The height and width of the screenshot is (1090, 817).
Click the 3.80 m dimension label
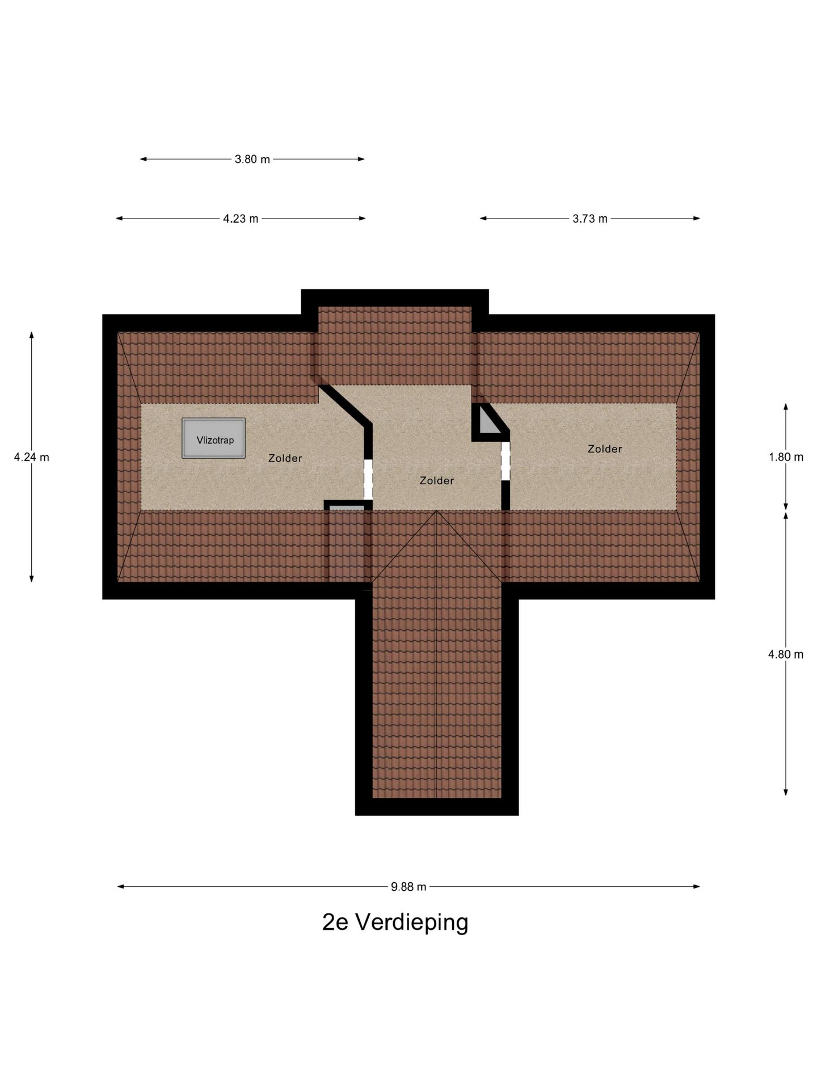pos(252,160)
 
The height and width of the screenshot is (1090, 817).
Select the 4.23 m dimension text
pos(241,219)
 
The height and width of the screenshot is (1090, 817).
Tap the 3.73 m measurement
pos(589,219)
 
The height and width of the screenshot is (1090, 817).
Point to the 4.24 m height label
pos(32,457)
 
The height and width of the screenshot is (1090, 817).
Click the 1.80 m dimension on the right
pos(786,457)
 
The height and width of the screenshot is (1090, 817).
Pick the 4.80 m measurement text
pos(786,654)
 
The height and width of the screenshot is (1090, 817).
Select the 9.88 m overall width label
pos(408,887)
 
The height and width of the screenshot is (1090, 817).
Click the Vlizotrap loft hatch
pos(214,438)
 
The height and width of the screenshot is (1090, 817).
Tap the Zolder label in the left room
pos(285,458)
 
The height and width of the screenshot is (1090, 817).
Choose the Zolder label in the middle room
pos(436,481)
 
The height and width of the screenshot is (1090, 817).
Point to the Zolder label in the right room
pos(605,449)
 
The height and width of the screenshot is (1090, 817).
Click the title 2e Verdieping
pos(395,923)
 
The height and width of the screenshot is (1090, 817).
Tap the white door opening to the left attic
pos(368,479)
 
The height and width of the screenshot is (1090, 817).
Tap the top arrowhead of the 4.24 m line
pos(32,335)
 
